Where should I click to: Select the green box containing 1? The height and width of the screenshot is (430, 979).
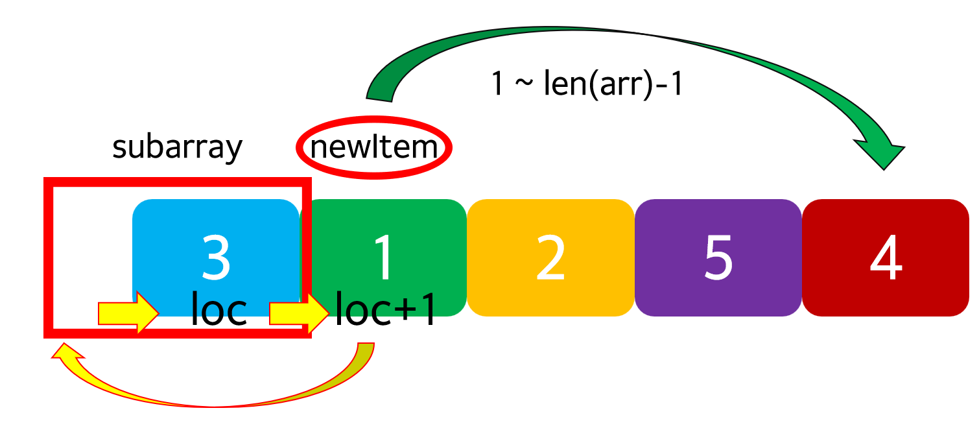(x=384, y=233)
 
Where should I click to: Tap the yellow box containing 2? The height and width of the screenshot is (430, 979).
(x=550, y=257)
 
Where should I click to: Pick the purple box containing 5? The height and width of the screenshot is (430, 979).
(x=718, y=257)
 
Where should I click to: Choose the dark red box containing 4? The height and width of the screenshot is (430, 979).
(x=886, y=257)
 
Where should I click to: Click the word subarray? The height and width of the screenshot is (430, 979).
(x=177, y=147)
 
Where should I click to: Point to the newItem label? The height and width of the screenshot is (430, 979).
(x=374, y=148)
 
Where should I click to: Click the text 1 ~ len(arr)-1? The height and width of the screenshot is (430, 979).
(x=587, y=84)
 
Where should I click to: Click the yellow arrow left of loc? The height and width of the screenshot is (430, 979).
(x=128, y=313)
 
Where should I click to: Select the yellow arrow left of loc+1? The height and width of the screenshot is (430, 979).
(x=299, y=313)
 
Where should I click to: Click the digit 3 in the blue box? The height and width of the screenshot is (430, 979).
(x=216, y=257)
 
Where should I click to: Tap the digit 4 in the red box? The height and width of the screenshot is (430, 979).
(x=886, y=257)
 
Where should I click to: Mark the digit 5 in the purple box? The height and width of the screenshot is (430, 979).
(x=718, y=257)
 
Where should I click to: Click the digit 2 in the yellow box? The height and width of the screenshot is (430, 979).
(x=550, y=257)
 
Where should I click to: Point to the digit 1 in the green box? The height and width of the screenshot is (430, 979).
(x=384, y=257)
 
